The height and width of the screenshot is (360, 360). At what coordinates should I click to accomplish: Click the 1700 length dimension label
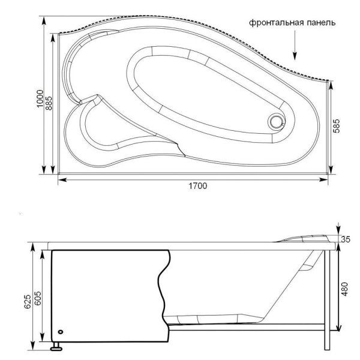point(197,185)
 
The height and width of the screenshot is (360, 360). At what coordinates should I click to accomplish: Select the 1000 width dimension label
point(40,99)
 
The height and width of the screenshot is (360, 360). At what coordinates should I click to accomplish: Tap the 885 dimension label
point(49,103)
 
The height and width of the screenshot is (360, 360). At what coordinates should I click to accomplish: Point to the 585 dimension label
point(336,126)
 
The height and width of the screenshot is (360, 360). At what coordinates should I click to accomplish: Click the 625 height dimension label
point(28,302)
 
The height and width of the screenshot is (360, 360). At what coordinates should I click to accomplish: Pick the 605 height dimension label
point(37,298)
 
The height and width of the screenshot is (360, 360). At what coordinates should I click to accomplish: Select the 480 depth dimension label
point(344,289)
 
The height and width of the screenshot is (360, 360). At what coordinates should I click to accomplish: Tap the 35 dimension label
point(346,239)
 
